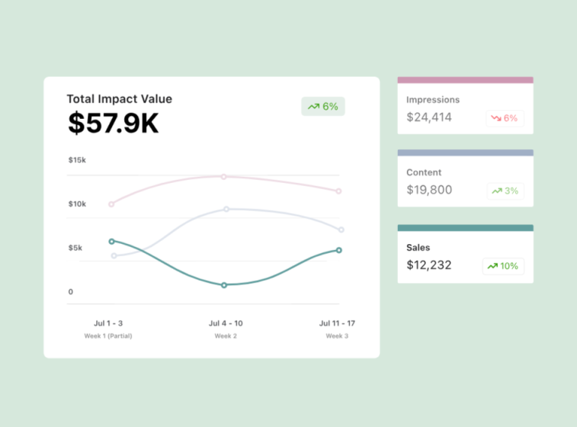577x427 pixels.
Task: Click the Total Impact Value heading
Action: [x=119, y=99]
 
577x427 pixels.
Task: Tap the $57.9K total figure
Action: [x=114, y=124]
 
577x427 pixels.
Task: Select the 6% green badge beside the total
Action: [x=323, y=107]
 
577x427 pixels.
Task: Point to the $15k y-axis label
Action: [x=77, y=160]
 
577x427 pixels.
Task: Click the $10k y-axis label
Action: [x=77, y=204]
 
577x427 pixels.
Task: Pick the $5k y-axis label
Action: [x=75, y=248]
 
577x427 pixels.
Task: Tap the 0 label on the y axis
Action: [x=71, y=292]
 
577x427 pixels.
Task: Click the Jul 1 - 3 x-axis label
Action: [x=107, y=323]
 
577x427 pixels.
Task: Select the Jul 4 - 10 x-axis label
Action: [x=226, y=323]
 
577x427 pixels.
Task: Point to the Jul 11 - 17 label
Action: [x=337, y=323]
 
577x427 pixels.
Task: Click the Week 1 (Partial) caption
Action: [x=107, y=335]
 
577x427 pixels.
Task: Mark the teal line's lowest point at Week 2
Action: [x=224, y=285]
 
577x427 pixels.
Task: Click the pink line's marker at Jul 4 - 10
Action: [x=223, y=176]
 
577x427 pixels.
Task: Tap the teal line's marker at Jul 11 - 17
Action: [x=338, y=250]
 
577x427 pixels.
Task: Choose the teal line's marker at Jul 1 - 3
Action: [x=111, y=241]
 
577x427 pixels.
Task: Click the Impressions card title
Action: [x=433, y=100]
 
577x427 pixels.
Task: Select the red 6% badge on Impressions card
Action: [x=505, y=118]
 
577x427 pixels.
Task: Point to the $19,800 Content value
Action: [x=429, y=190]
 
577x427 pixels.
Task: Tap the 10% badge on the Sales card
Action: [x=503, y=266]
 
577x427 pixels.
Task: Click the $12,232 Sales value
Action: [x=429, y=265]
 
